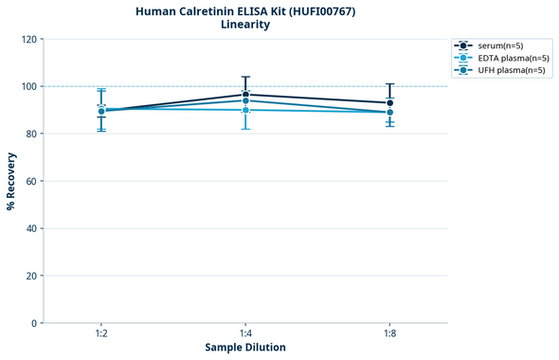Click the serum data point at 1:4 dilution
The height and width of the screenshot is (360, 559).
(245, 95)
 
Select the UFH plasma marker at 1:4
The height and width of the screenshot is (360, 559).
(245, 100)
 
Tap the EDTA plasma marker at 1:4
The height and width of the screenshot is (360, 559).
(245, 110)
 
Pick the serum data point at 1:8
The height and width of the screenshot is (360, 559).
(389, 102)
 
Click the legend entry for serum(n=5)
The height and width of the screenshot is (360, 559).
(500, 45)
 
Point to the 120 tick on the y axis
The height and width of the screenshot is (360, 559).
(31, 39)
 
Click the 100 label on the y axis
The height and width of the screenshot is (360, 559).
(31, 86)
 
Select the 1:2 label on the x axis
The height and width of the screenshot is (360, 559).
(101, 334)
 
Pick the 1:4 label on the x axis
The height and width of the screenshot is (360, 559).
(245, 334)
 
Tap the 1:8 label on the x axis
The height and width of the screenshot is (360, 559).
(389, 334)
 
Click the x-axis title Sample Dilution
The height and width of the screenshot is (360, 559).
(245, 348)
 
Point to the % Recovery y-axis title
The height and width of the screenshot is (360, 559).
(11, 181)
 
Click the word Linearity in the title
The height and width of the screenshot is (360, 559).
(245, 25)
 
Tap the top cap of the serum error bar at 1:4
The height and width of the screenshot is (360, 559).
(245, 77)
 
